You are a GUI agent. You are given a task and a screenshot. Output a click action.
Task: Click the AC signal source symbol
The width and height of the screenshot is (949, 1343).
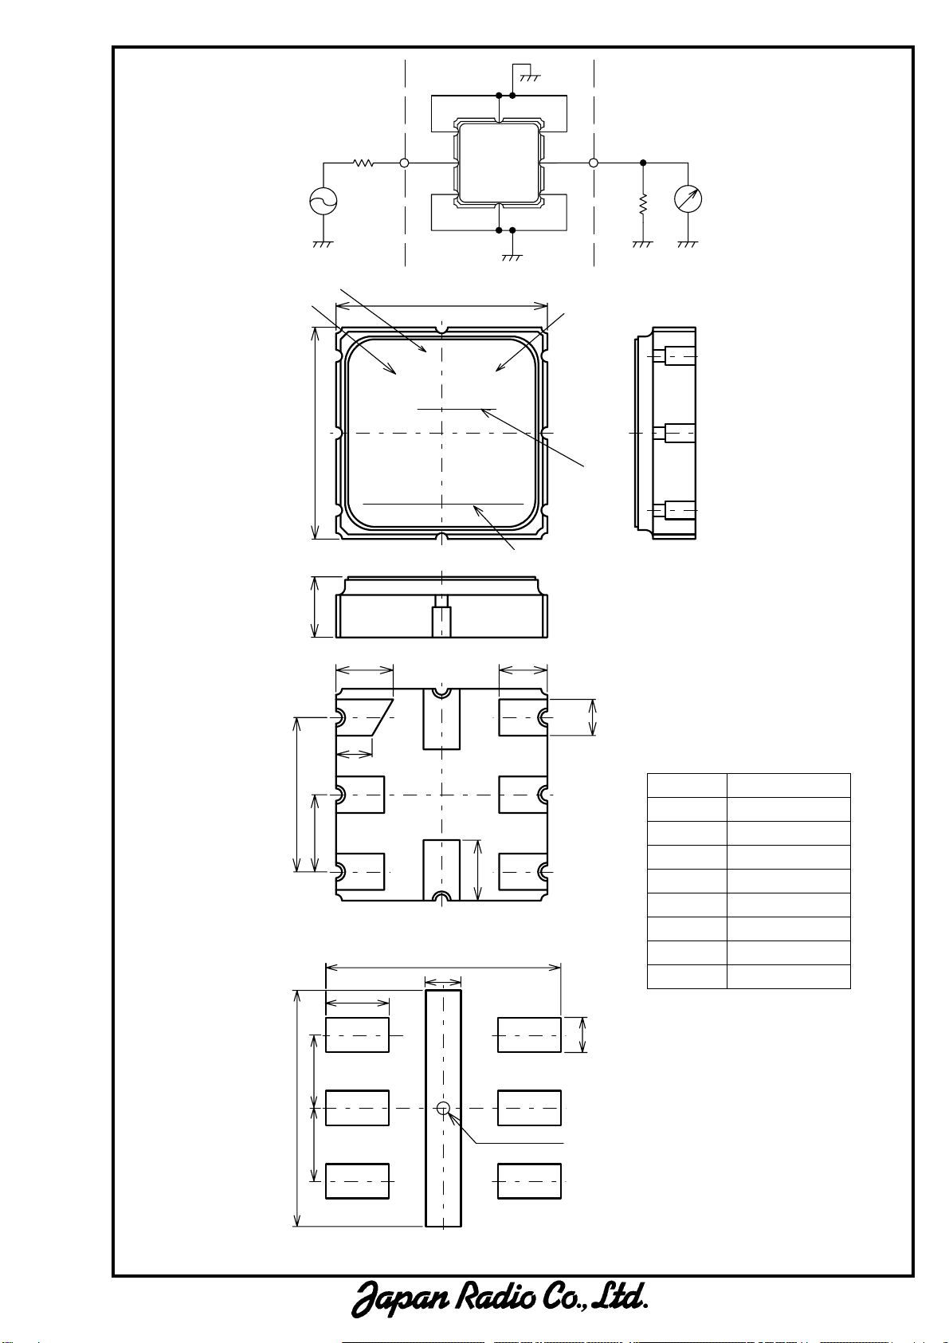324,201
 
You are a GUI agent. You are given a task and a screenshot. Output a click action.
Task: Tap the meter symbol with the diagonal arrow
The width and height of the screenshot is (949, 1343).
688,199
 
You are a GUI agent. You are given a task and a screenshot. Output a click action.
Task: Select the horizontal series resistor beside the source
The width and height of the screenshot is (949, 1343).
363,163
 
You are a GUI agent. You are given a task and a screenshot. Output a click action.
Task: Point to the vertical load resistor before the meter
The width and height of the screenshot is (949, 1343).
643,204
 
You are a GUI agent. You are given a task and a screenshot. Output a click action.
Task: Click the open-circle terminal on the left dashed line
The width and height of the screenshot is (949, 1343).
405,163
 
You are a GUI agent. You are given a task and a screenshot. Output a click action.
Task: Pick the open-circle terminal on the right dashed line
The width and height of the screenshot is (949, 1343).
594,163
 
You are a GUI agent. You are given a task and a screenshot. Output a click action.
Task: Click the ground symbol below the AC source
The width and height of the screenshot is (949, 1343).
324,244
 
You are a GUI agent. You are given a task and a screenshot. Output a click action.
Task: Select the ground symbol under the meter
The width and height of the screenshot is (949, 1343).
688,244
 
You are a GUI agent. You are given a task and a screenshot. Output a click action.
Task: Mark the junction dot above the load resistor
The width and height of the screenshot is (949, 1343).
643,163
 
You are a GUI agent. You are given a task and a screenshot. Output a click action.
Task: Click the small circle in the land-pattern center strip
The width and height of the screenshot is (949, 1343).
443,1108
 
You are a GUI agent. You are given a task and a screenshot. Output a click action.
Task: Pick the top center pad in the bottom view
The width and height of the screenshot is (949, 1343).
441,719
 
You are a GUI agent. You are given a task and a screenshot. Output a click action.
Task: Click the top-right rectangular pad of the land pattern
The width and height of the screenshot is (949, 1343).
529,1035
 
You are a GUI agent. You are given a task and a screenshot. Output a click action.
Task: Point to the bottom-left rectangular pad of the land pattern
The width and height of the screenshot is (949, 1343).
357,1181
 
